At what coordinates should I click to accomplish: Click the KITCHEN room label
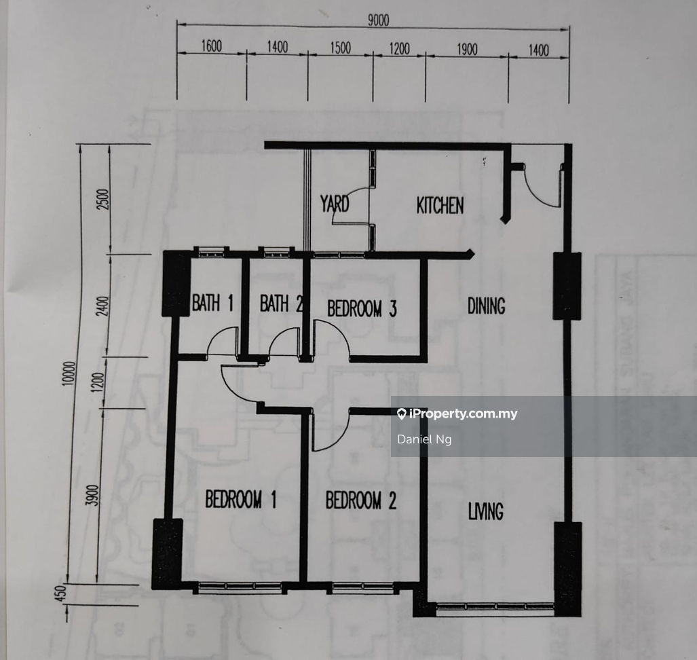tap(440, 206)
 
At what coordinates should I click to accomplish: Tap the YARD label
tap(335, 204)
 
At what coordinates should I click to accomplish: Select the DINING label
tap(487, 306)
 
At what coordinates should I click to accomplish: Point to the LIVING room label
tap(486, 511)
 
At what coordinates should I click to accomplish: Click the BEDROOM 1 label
tap(240, 500)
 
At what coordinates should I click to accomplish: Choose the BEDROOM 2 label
tap(360, 500)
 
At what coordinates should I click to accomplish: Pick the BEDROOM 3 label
tap(362, 309)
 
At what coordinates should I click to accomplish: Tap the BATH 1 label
tap(212, 304)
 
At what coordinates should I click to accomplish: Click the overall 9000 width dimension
tap(378, 20)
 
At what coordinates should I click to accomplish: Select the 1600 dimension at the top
tap(212, 45)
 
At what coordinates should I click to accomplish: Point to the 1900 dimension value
tap(467, 50)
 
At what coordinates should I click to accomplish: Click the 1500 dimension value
tap(341, 48)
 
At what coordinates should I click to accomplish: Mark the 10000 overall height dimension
tap(69, 373)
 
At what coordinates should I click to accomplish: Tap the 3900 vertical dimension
tap(92, 495)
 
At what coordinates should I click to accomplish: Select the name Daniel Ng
tap(425, 439)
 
